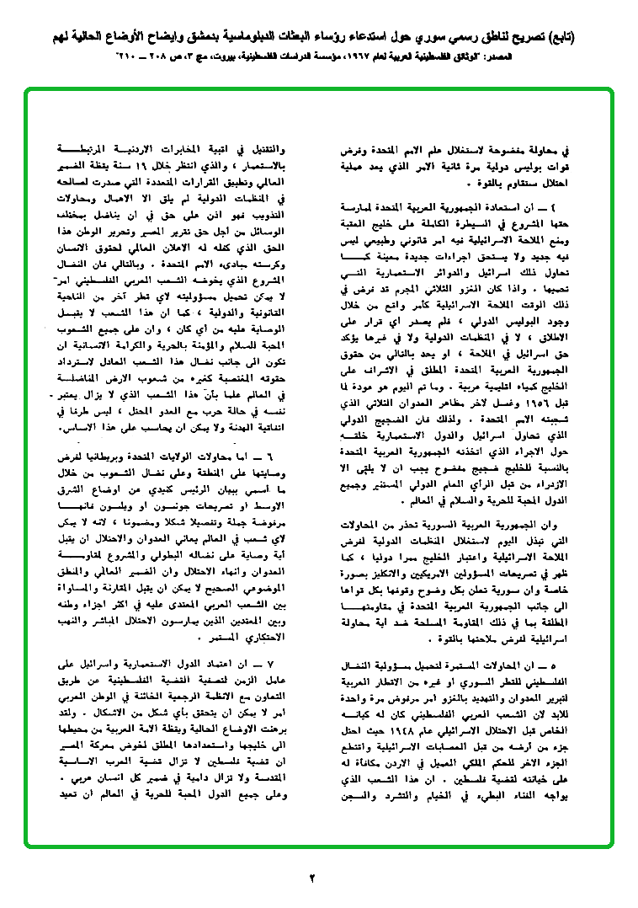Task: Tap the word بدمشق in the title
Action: [274, 39]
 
